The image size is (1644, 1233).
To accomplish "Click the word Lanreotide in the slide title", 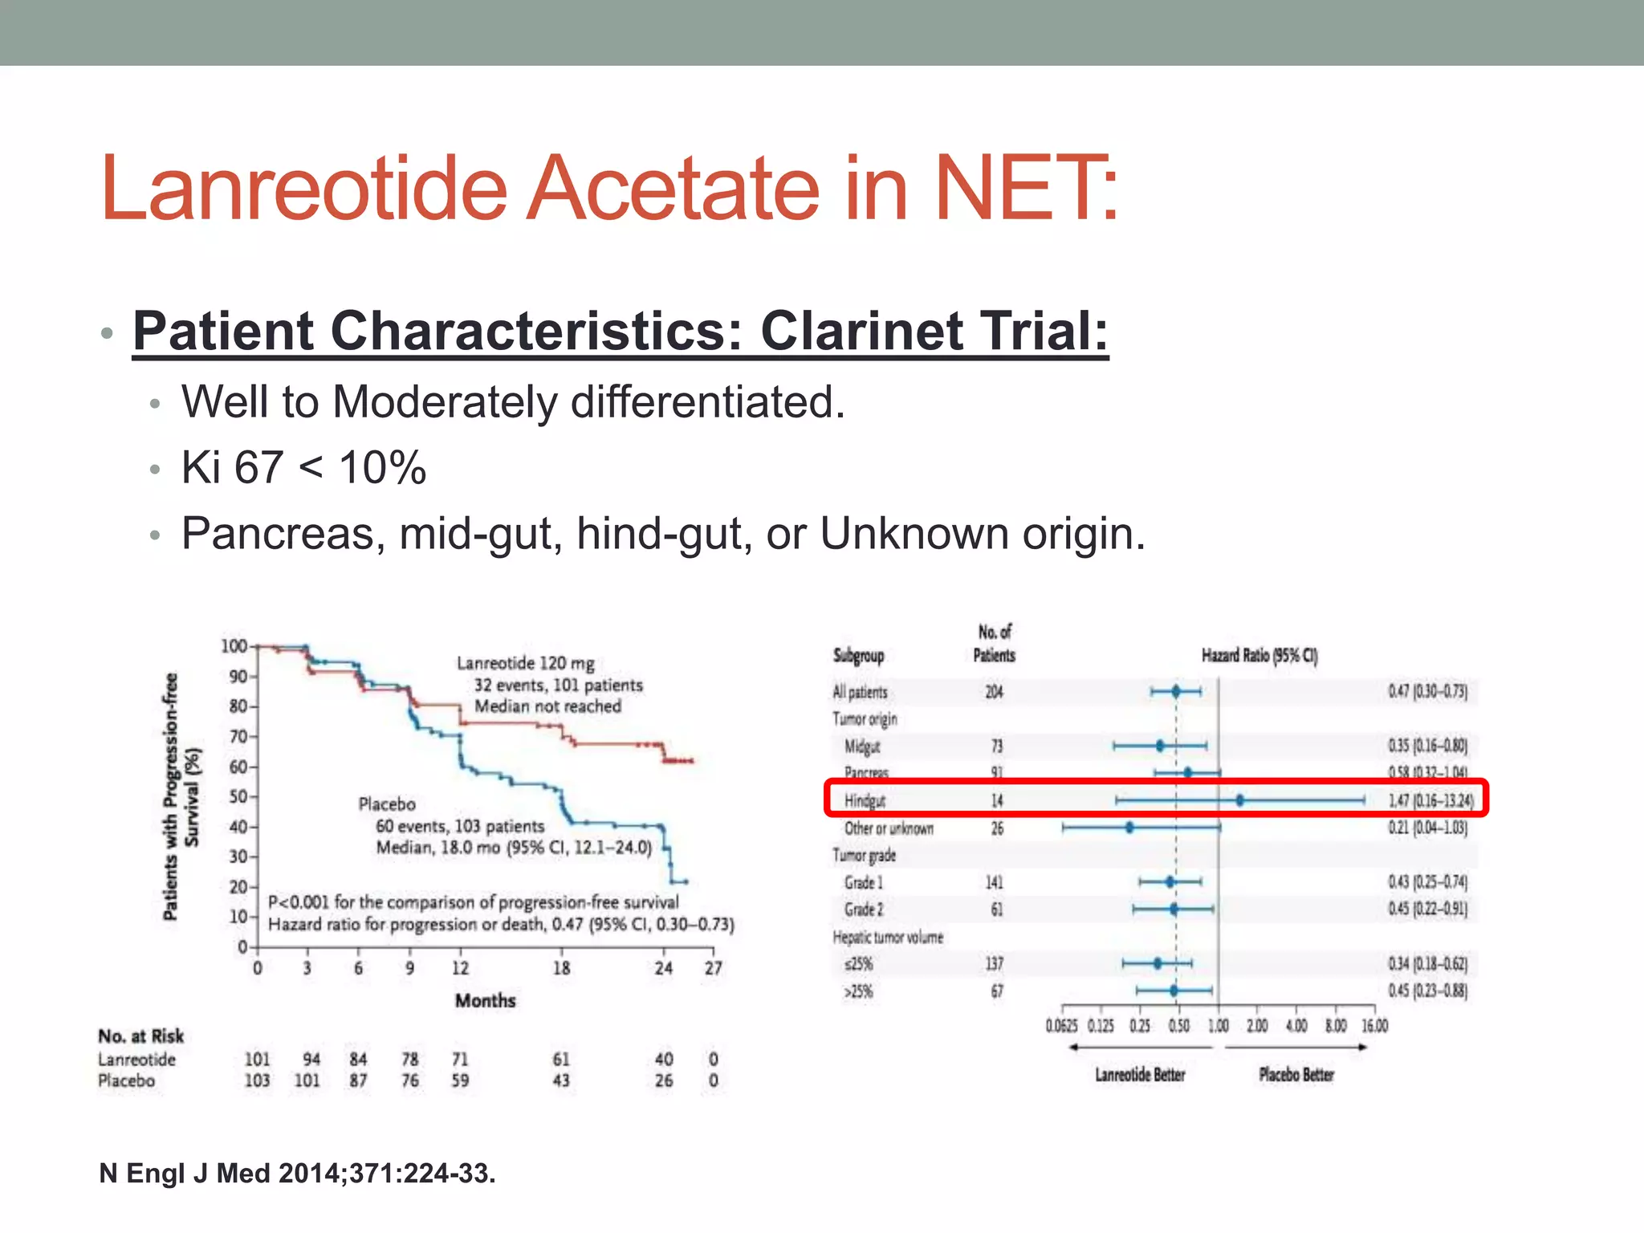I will (304, 189).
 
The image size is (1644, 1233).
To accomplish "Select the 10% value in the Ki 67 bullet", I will (382, 468).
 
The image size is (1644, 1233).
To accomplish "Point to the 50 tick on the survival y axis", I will (238, 797).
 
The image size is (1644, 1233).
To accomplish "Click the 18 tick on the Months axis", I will (561, 968).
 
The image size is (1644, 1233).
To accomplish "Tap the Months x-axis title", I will (485, 1001).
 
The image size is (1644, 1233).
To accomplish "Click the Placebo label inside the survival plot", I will (387, 804).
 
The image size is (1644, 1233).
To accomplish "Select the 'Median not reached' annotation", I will (547, 706).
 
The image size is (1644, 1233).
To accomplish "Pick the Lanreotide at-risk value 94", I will (311, 1060).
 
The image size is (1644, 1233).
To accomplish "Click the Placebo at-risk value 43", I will (561, 1080).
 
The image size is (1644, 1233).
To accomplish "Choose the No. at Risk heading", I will (141, 1036).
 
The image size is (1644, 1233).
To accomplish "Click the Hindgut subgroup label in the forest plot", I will (865, 800).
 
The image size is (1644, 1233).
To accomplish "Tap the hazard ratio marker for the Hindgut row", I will (1239, 800).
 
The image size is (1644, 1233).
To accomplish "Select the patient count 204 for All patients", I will (994, 692).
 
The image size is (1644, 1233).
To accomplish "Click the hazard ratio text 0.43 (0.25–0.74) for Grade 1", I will (1427, 882).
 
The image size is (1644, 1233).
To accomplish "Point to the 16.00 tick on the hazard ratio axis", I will (1374, 1026).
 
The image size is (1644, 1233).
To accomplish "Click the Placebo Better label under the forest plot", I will (1296, 1075).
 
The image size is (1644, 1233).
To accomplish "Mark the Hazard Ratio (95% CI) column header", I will (1259, 656).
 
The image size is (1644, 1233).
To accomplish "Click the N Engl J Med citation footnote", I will (297, 1174).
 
